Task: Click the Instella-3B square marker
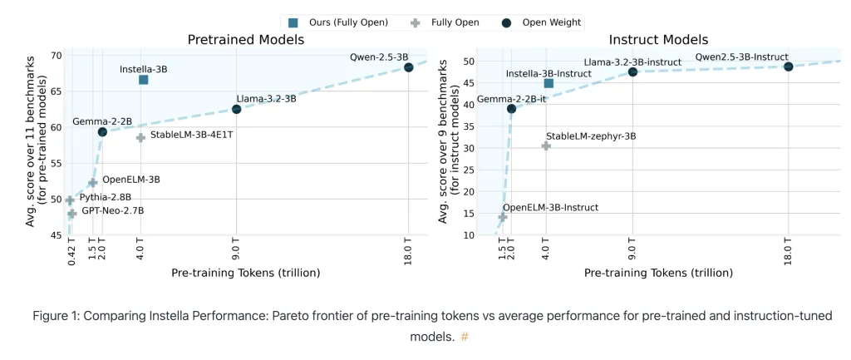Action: [x=143, y=80]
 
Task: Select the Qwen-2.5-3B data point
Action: [x=408, y=67]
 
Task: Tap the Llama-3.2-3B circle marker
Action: [x=236, y=109]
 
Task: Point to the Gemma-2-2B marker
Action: [x=102, y=131]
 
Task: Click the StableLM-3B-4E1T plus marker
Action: [x=140, y=137]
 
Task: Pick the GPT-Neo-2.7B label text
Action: [x=111, y=211]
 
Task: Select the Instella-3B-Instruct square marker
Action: [x=548, y=83]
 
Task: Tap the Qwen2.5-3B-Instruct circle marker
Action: [x=788, y=67]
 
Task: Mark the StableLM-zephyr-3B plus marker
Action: [x=546, y=145]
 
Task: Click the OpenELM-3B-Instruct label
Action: [x=550, y=207]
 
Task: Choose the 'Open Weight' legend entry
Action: [x=546, y=22]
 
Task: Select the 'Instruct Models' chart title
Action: [x=658, y=39]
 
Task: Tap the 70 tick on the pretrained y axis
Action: [x=56, y=56]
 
